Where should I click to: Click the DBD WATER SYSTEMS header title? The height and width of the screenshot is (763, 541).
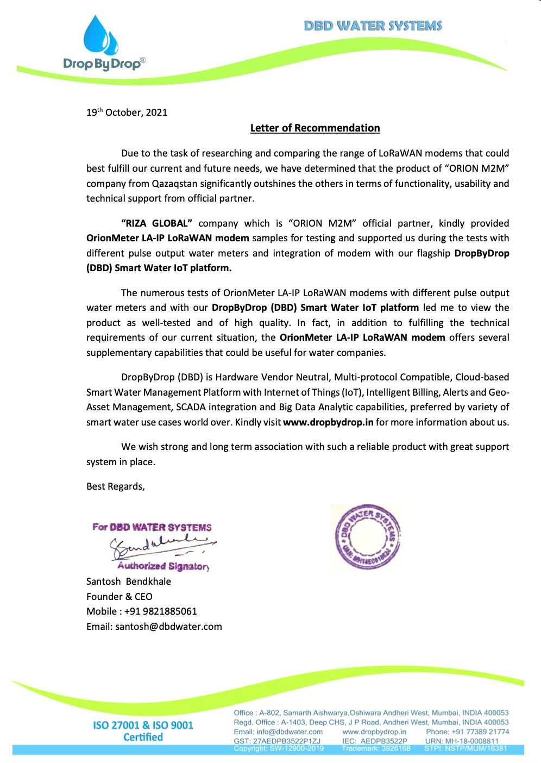[373, 26]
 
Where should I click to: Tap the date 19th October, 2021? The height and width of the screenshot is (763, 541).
[127, 112]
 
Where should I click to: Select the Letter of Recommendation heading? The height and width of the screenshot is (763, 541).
[315, 128]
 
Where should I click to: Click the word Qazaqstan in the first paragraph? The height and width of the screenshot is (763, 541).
[174, 184]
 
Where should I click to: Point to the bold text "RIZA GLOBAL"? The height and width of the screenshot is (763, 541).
[156, 223]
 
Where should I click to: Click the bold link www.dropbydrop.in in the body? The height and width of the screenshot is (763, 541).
[328, 422]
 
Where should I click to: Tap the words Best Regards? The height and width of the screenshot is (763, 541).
[115, 486]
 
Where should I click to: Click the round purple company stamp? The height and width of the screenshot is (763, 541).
[367, 537]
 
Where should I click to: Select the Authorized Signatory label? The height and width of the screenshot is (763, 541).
[163, 566]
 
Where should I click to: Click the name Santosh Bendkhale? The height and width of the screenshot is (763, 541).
[129, 581]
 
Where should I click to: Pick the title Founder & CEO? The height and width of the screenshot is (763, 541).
[119, 597]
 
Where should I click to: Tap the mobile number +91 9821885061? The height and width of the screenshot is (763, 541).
[161, 611]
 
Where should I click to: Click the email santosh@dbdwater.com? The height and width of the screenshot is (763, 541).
[168, 627]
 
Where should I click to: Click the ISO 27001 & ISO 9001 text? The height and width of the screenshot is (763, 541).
[143, 726]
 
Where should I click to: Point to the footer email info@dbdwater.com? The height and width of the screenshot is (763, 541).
[290, 732]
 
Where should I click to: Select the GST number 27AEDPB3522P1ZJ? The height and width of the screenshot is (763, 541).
[286, 741]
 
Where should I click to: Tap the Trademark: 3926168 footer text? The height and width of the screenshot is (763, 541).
[376, 748]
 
